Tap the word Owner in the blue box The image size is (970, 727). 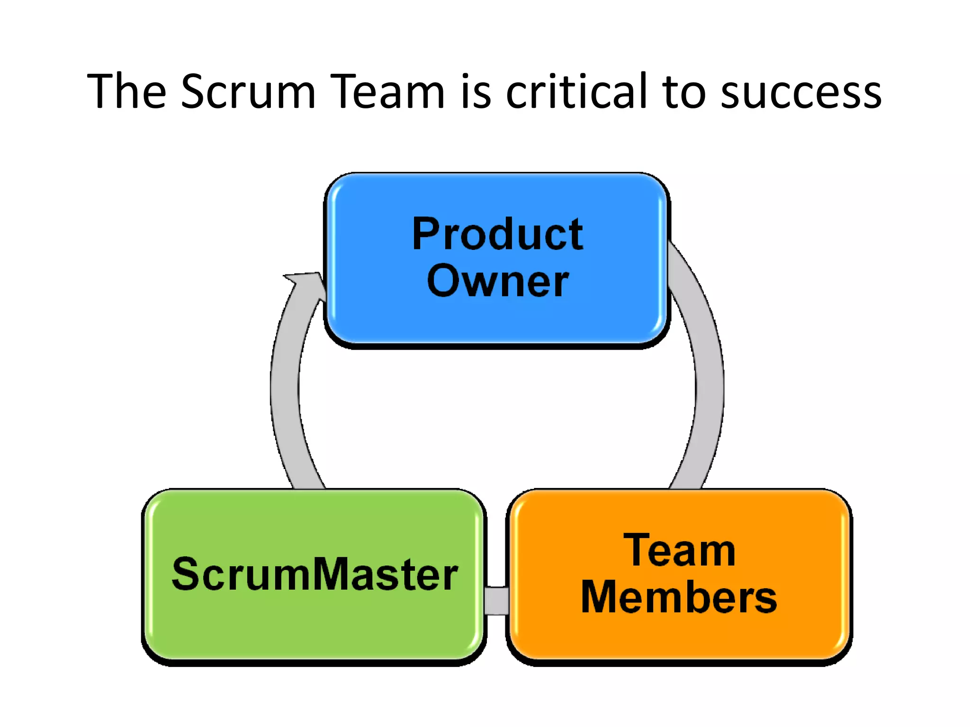point(497,281)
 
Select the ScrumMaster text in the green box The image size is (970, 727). point(314,574)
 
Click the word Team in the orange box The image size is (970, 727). point(679,550)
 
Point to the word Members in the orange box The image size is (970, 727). point(679,597)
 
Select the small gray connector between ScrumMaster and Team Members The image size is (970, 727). point(496,601)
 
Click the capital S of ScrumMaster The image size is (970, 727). point(186,574)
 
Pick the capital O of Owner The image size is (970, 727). point(444,281)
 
